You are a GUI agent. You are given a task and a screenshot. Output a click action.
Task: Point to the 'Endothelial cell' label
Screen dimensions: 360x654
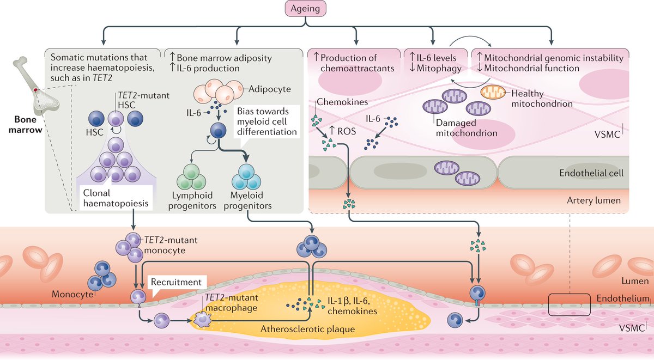click(x=592, y=173)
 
